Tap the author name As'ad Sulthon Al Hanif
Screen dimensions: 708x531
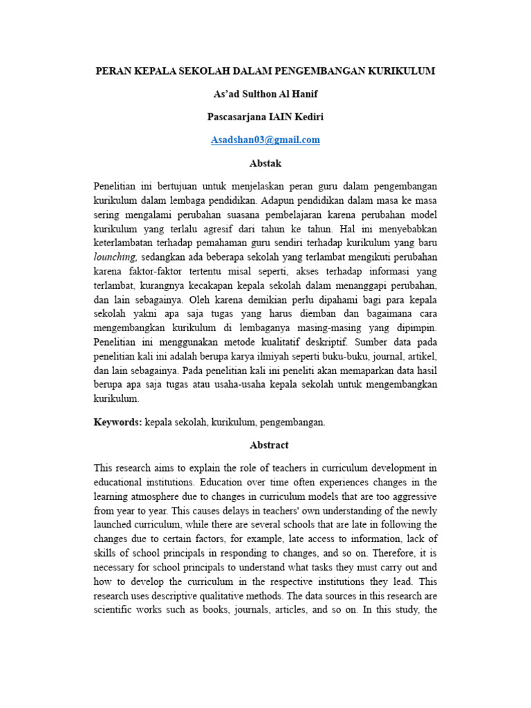coord(265,94)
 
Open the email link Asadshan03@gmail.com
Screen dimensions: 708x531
coord(265,140)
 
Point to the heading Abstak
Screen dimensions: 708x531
coord(265,164)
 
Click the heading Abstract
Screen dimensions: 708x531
coord(265,445)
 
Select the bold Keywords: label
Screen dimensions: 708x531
coord(118,422)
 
